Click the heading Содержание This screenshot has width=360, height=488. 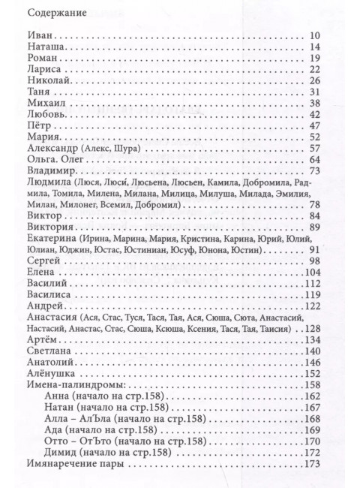(55, 13)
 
